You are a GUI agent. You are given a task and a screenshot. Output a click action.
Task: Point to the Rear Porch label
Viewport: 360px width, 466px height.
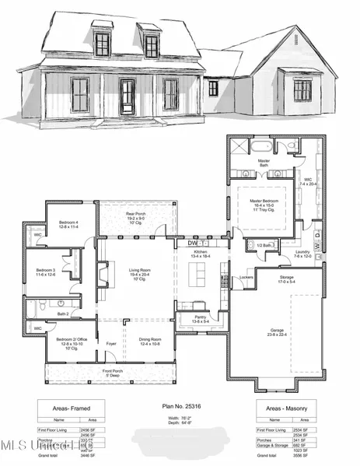click(x=136, y=215)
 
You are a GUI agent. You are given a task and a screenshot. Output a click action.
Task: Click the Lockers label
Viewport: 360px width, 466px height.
click(x=246, y=278)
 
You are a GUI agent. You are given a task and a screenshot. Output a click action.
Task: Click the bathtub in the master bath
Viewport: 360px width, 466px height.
click(x=257, y=146)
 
